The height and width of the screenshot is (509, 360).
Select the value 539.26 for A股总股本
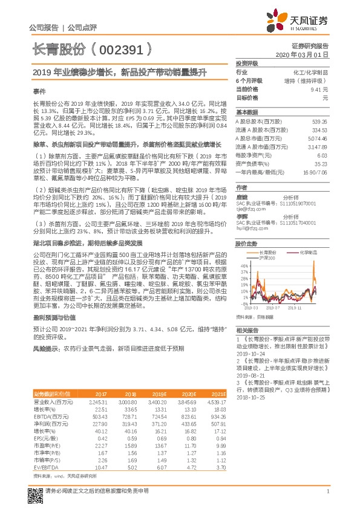pos(318,121)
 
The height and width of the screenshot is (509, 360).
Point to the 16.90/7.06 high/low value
pos(315,172)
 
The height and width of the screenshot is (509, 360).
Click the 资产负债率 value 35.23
pos(319,163)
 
